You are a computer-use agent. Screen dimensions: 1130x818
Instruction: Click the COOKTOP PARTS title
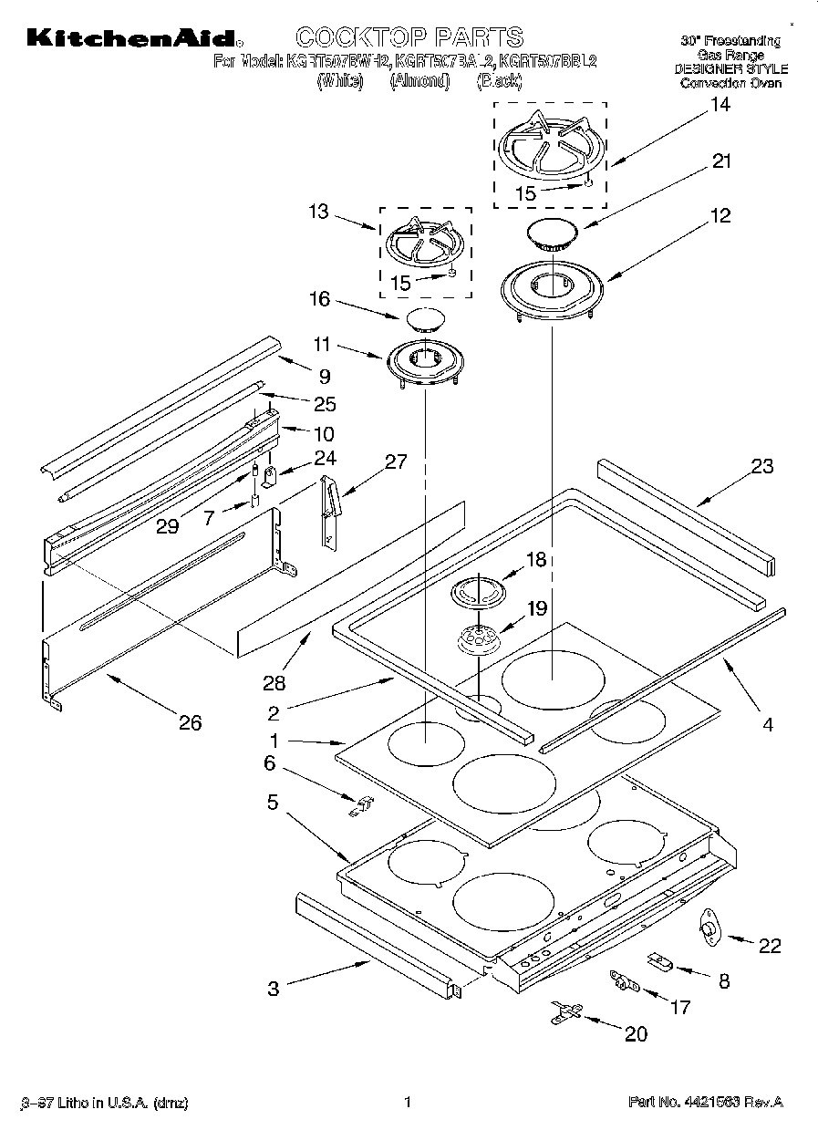pos(409,36)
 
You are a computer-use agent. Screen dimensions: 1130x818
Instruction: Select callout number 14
pos(720,105)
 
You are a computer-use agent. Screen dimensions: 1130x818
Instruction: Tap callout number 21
pos(722,161)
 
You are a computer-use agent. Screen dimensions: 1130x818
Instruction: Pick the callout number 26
pos(190,723)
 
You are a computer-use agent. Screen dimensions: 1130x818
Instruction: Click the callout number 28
pos(274,682)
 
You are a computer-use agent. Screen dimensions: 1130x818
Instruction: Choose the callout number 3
pos(274,988)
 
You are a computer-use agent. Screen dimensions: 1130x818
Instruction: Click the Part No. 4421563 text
pos(705,1103)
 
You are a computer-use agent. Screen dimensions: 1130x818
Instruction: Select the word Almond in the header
pos(419,81)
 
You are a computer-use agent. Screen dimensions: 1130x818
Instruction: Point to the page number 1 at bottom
pos(408,1102)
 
